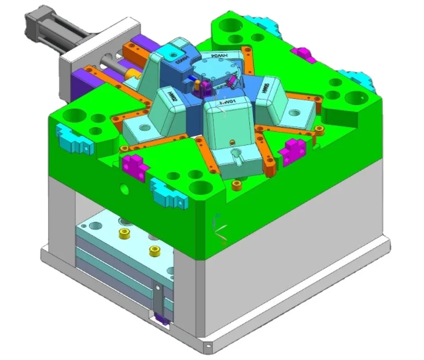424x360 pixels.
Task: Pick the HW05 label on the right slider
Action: coord(267,87)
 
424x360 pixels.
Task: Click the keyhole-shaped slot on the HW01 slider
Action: coord(236,155)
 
